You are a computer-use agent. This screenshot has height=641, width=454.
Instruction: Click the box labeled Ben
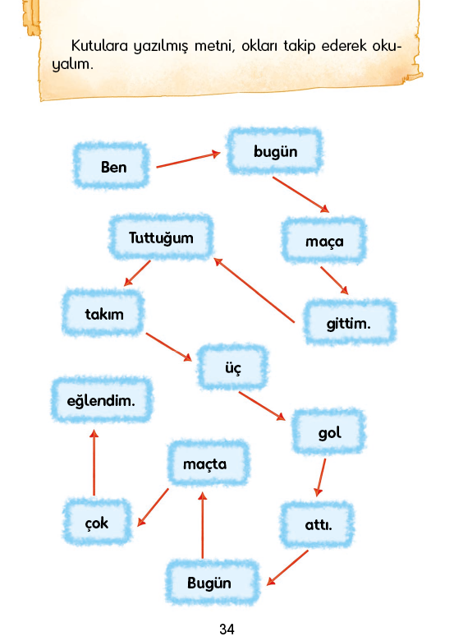111,165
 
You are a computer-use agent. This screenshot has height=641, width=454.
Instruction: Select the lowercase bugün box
274,151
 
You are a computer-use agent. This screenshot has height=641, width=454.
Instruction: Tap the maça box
323,240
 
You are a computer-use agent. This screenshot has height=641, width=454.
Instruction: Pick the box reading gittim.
350,322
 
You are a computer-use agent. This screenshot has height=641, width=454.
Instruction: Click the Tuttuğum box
161,237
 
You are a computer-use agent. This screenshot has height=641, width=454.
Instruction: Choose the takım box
103,313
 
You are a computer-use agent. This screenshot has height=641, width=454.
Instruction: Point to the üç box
232,367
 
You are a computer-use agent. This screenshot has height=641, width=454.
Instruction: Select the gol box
328,431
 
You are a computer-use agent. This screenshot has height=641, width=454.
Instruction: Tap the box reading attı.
317,524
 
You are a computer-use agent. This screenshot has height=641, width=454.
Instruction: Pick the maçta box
209,463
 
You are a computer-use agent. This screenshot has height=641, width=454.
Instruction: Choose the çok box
97,522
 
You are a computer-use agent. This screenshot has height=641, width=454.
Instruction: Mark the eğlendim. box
102,400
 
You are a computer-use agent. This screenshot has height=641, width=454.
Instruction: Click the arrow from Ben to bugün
188,160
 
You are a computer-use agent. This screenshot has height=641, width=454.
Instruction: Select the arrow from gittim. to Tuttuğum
254,290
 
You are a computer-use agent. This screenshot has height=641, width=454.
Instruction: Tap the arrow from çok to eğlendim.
94,463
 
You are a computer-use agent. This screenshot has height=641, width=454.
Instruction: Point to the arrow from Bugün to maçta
202,525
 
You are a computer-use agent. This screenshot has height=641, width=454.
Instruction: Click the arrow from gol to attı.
320,477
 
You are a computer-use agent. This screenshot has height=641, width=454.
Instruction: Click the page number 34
227,629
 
